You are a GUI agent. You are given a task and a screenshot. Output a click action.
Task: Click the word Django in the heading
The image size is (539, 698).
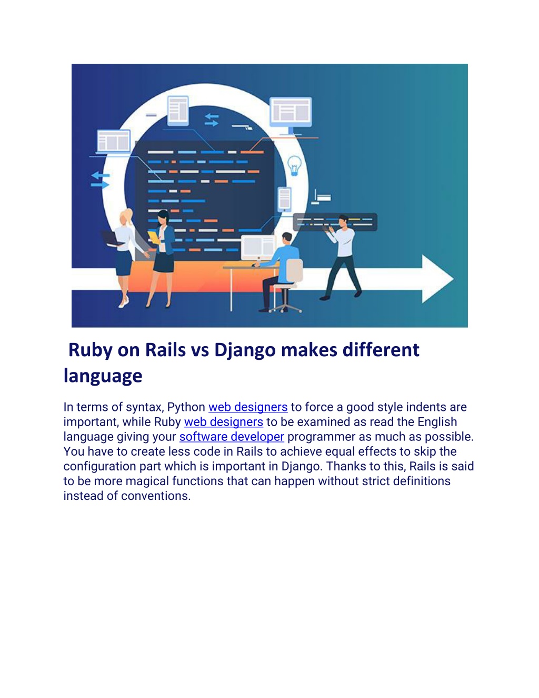click(x=245, y=350)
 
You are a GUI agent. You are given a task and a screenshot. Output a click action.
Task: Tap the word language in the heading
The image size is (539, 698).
click(x=103, y=376)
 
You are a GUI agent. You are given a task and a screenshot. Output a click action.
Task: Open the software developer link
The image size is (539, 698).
click(x=232, y=437)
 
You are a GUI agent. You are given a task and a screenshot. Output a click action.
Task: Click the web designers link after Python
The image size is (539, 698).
click(x=248, y=407)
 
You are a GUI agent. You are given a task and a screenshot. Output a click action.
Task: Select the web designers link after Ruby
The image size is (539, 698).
click(x=224, y=422)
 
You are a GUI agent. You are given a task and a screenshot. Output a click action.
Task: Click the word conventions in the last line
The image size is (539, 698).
click(x=156, y=496)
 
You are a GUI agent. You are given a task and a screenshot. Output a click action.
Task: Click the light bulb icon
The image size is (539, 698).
click(x=294, y=165)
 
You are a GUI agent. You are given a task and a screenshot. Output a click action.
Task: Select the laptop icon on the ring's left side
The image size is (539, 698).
click(x=113, y=142)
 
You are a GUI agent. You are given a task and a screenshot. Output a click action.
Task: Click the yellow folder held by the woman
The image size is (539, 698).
click(x=154, y=237)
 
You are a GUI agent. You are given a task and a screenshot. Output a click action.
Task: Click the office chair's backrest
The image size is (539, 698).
click(x=294, y=270)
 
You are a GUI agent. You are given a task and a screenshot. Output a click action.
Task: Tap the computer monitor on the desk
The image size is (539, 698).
click(x=258, y=247)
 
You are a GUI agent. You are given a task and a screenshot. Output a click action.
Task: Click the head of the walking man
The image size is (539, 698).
click(x=343, y=221)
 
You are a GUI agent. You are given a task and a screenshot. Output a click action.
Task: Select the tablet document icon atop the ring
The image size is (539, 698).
click(x=178, y=111)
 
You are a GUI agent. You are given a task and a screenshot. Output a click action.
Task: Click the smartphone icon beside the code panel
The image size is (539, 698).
click(x=284, y=199)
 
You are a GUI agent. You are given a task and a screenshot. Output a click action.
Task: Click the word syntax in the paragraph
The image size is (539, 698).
click(x=145, y=408)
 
